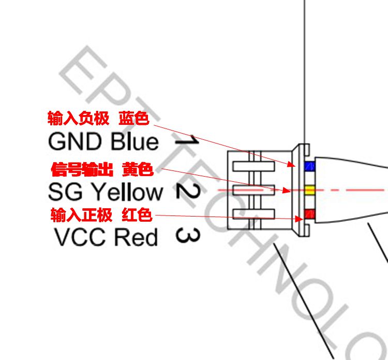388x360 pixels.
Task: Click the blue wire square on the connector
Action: click(x=309, y=166)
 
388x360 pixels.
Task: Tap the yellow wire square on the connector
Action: click(x=309, y=190)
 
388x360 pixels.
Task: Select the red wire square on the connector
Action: click(x=309, y=214)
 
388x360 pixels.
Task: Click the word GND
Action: click(x=75, y=141)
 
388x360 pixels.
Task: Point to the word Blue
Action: click(x=135, y=141)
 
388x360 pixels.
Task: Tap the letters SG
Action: click(x=65, y=192)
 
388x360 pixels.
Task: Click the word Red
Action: click(x=136, y=237)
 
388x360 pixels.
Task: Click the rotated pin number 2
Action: click(x=188, y=192)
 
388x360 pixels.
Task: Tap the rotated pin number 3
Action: click(x=188, y=235)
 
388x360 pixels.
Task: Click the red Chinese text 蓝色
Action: click(x=134, y=118)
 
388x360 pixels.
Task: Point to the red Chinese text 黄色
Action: click(x=138, y=169)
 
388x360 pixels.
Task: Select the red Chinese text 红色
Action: click(x=137, y=215)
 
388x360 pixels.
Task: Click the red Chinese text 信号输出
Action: click(x=82, y=169)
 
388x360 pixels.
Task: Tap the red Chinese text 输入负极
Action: click(x=79, y=118)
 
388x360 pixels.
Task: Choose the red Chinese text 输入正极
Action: click(x=81, y=215)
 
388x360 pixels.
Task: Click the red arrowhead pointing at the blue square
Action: click(x=291, y=164)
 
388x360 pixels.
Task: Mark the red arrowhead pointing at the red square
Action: click(x=299, y=219)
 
